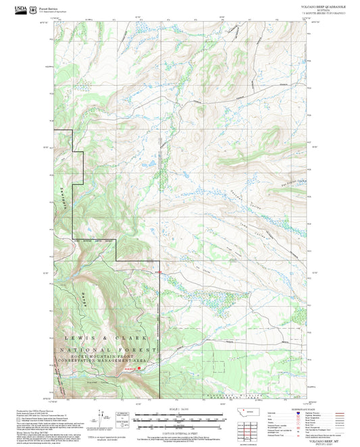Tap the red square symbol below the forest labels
139,369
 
